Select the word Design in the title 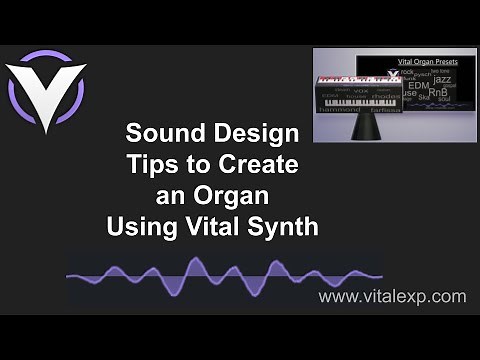[x=260, y=133]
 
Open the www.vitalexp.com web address [x=391, y=296]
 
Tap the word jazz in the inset [x=441, y=78]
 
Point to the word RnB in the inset [x=439, y=93]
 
